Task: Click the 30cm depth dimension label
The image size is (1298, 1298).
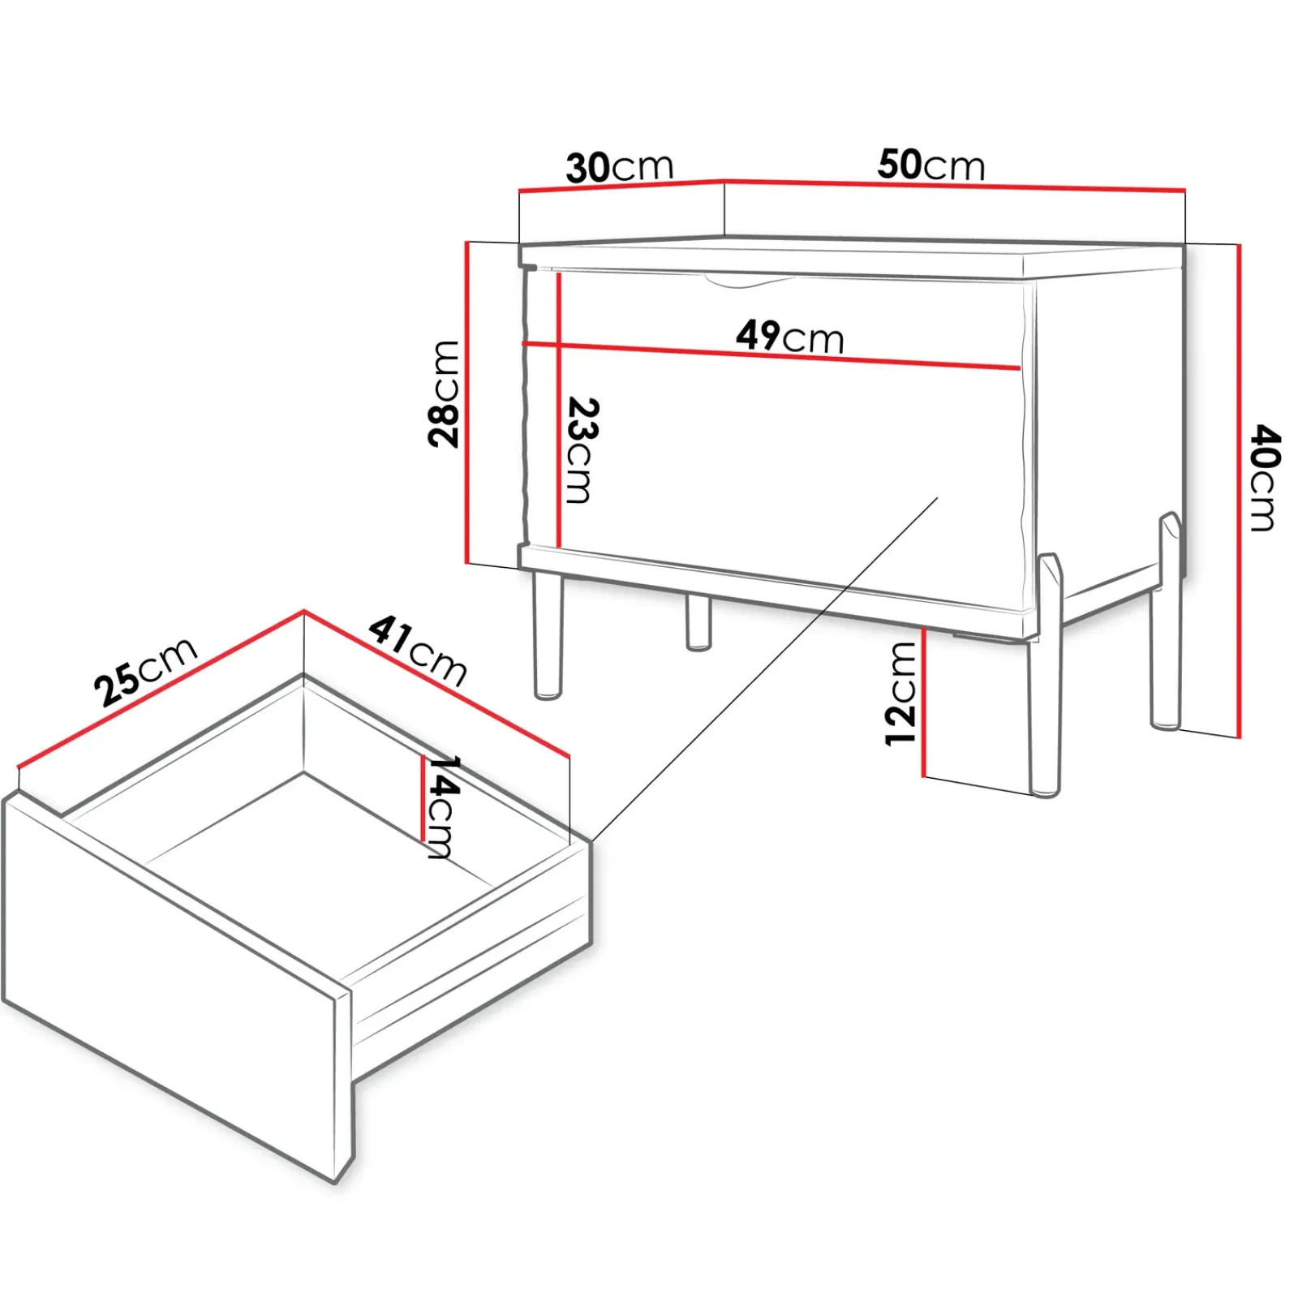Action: coord(620,167)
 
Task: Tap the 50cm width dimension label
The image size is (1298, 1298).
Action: coord(931,165)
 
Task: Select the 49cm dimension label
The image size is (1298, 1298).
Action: coord(790,336)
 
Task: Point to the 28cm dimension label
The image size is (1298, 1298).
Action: coord(444,394)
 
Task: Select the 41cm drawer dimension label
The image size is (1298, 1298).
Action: coord(418,651)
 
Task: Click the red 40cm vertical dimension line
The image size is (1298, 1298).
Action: coord(1239,491)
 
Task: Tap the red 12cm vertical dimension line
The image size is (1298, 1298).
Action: coord(924,703)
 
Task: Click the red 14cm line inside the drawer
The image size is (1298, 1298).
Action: coord(423,798)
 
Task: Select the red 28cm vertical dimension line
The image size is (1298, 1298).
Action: coord(467,402)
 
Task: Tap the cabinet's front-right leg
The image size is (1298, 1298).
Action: coord(1046,675)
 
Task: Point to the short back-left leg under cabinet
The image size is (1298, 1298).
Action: coord(698,622)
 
